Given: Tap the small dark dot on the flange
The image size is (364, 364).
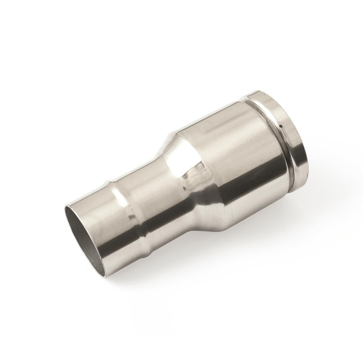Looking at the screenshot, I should [x=281, y=126].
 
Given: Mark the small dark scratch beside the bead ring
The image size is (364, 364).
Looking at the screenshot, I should [x=130, y=218].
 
